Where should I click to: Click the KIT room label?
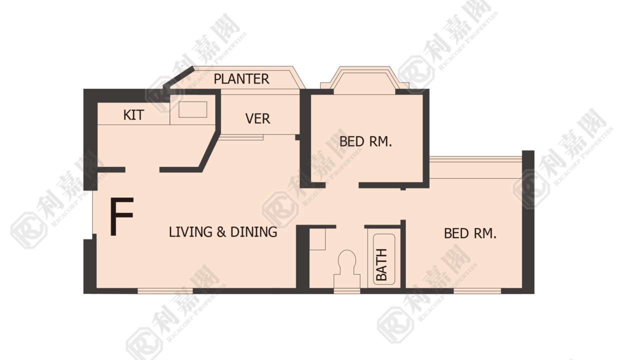[133, 115]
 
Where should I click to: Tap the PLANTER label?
[241, 79]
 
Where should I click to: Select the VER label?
[257, 118]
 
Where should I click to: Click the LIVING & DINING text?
[223, 232]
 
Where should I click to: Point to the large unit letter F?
[122, 216]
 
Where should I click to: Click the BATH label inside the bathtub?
[381, 264]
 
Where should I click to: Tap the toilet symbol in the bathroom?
[347, 270]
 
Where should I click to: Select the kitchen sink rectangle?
[192, 109]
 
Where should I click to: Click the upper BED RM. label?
[365, 141]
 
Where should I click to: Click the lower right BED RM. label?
[470, 233]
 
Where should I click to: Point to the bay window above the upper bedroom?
[364, 80]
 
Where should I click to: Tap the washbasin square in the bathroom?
[317, 239]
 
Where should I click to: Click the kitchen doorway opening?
[142, 169]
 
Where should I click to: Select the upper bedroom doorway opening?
[342, 185]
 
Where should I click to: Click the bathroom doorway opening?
[350, 226]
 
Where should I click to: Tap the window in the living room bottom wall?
[165, 291]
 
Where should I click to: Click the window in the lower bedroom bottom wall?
[477, 291]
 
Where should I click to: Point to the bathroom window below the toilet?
[347, 291]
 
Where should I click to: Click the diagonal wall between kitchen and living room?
[209, 151]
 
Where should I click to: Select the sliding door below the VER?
[241, 137]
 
